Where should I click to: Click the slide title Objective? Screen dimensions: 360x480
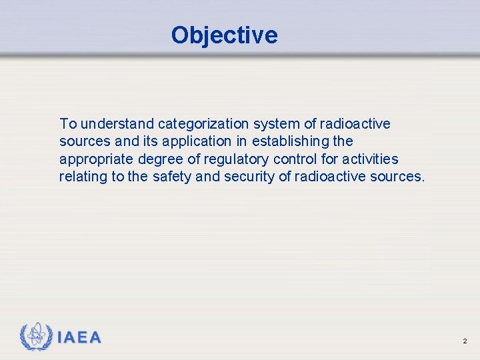[224, 35]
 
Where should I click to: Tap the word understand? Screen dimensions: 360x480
[117, 124]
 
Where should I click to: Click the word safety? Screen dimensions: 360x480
[173, 177]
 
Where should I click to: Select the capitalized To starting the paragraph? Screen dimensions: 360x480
[68, 124]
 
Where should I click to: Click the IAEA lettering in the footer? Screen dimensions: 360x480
[79, 338]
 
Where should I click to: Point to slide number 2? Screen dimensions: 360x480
[465, 341]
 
